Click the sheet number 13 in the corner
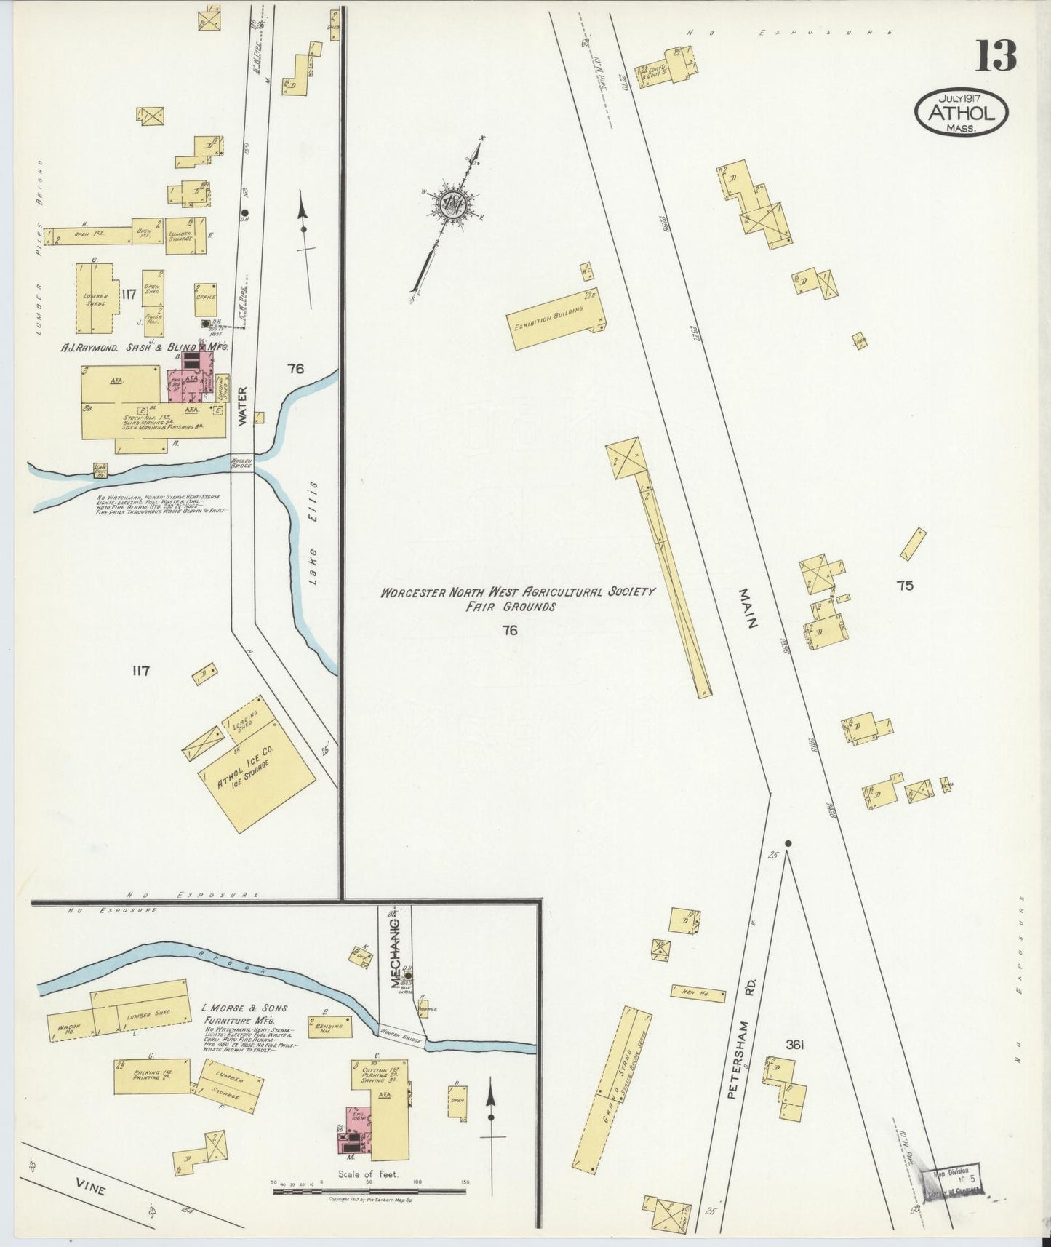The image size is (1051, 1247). coord(995,56)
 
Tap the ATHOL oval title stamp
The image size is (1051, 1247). coord(961,113)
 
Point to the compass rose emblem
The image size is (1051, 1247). coord(452,206)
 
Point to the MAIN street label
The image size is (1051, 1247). coord(749,608)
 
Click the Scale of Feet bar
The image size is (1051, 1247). coord(369,1192)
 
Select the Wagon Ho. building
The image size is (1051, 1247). coord(69,1027)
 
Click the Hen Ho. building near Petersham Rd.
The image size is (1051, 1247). coord(698,993)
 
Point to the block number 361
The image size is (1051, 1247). coord(794,1045)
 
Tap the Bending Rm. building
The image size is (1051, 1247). coord(330,1027)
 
